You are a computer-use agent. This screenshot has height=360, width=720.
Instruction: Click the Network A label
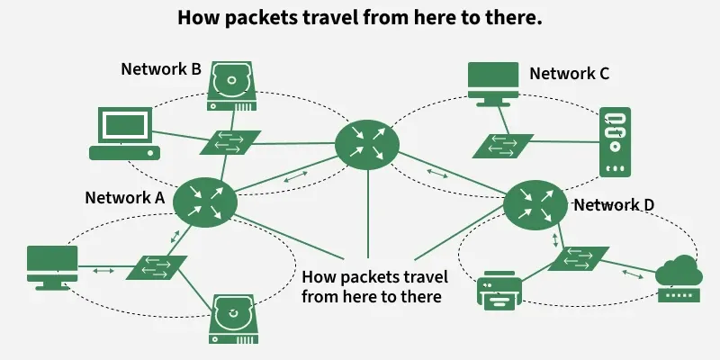(x=124, y=198)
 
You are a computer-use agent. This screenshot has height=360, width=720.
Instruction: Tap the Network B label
(x=160, y=69)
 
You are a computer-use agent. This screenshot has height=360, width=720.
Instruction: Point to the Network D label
(x=614, y=204)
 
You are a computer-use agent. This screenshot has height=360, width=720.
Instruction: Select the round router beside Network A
(x=203, y=201)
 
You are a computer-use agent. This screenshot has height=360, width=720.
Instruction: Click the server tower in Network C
(x=615, y=141)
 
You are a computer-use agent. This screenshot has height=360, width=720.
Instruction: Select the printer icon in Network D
(x=498, y=290)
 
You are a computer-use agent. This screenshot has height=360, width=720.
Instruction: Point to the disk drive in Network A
(x=234, y=319)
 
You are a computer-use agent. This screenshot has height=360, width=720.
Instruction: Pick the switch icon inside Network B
(x=231, y=141)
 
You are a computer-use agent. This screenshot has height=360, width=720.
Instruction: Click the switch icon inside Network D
(x=579, y=257)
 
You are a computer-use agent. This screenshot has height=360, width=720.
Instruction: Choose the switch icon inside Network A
(x=157, y=267)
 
